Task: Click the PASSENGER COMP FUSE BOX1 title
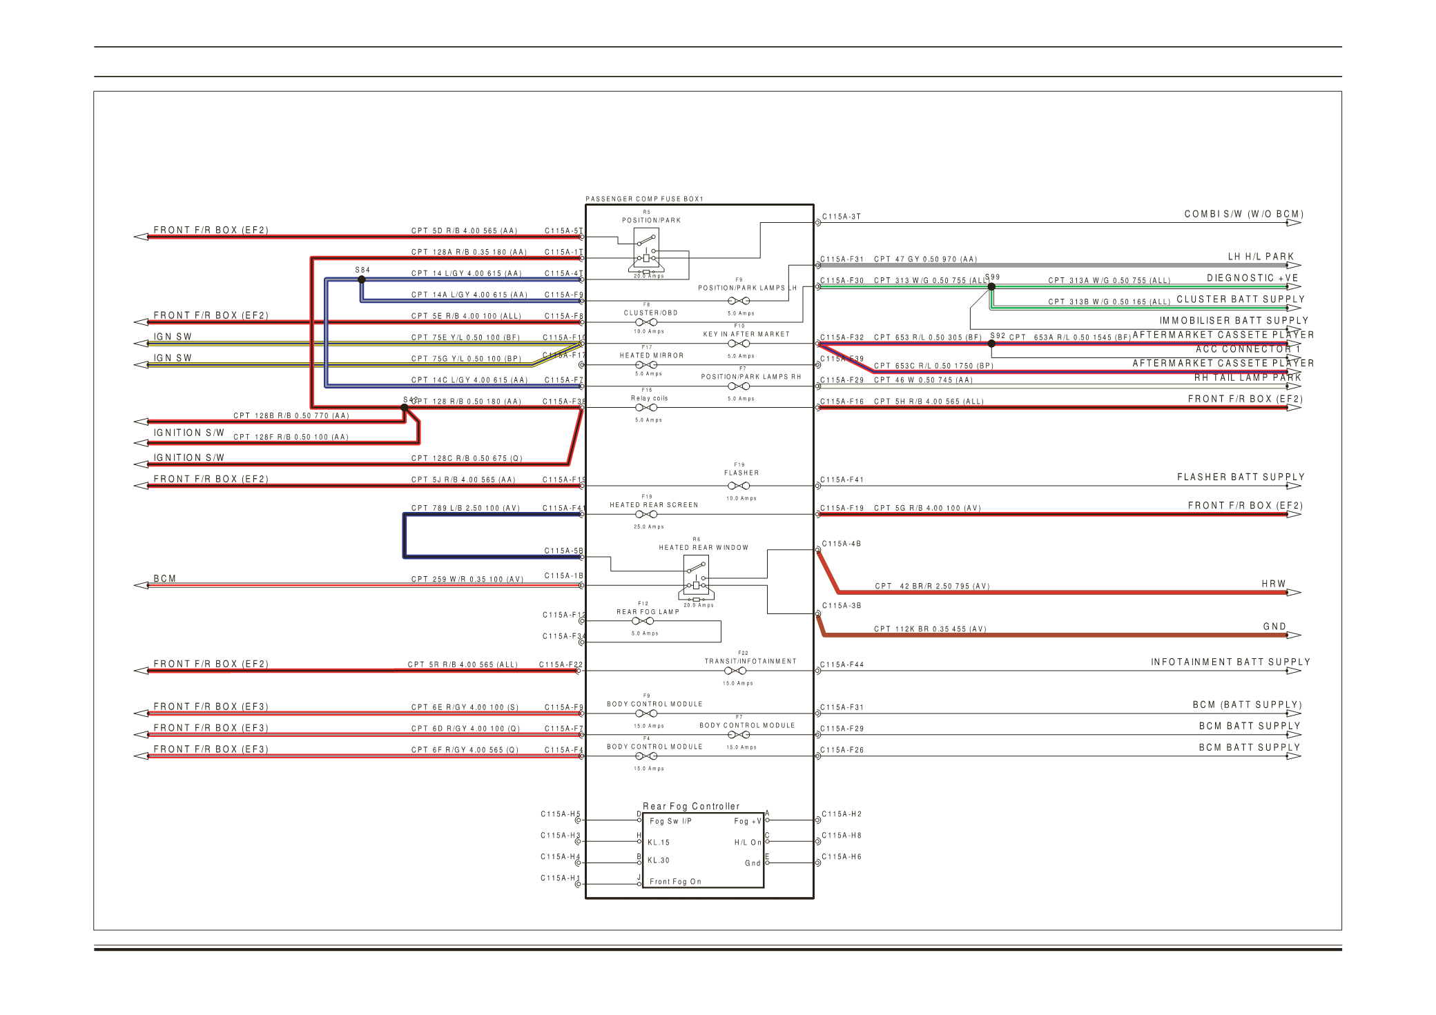click(644, 199)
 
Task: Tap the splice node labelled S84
click(362, 279)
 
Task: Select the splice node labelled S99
click(991, 286)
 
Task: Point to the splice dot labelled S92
click(991, 343)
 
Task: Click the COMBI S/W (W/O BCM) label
click(1243, 214)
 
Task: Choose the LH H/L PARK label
click(1261, 257)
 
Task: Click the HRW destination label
click(1273, 584)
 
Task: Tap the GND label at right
click(1274, 627)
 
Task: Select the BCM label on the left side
click(165, 579)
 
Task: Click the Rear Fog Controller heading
click(691, 806)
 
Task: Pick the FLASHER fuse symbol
click(738, 486)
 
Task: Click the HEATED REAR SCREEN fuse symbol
click(646, 514)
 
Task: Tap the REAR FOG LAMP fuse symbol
click(643, 621)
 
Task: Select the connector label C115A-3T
click(841, 217)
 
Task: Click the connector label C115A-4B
click(841, 544)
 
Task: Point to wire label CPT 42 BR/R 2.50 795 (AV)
click(932, 586)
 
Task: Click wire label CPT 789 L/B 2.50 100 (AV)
click(465, 508)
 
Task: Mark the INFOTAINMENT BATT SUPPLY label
click(1230, 662)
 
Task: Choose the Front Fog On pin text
click(675, 881)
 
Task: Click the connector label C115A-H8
click(841, 836)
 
